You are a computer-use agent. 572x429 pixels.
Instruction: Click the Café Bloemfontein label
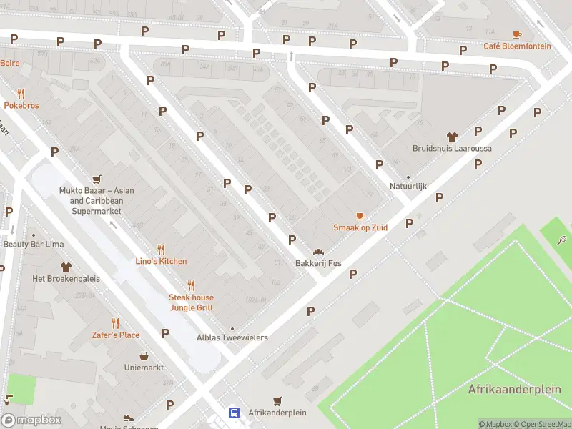tap(517, 46)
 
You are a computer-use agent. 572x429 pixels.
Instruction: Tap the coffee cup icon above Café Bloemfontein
tap(517, 34)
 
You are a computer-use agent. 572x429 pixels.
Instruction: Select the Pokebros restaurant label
tap(21, 105)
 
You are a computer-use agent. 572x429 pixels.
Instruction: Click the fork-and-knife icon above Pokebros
tap(21, 93)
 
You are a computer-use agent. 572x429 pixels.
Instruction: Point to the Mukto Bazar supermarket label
tap(102, 196)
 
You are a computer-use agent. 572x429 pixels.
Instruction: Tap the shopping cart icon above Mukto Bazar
tap(97, 179)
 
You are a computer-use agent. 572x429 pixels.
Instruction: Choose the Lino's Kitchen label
tap(162, 261)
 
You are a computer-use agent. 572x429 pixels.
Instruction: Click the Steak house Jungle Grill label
tap(191, 302)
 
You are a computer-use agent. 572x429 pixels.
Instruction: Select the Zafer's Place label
tap(116, 335)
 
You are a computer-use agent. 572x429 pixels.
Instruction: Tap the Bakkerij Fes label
tap(318, 264)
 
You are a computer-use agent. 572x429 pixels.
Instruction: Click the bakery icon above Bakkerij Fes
tap(318, 252)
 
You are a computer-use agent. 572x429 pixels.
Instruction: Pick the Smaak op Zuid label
tap(360, 227)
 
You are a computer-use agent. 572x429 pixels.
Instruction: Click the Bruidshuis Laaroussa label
tap(452, 149)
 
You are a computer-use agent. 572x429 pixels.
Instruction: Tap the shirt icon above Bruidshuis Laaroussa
tap(452, 136)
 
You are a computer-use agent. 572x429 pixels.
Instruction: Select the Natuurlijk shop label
tap(408, 187)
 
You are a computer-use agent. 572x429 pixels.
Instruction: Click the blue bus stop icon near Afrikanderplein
tap(234, 413)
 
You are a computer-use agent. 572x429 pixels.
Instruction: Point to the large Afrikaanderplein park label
tap(514, 390)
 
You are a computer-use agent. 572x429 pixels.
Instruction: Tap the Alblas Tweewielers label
tap(232, 337)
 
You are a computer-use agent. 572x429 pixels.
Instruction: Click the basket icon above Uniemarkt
tap(144, 355)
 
